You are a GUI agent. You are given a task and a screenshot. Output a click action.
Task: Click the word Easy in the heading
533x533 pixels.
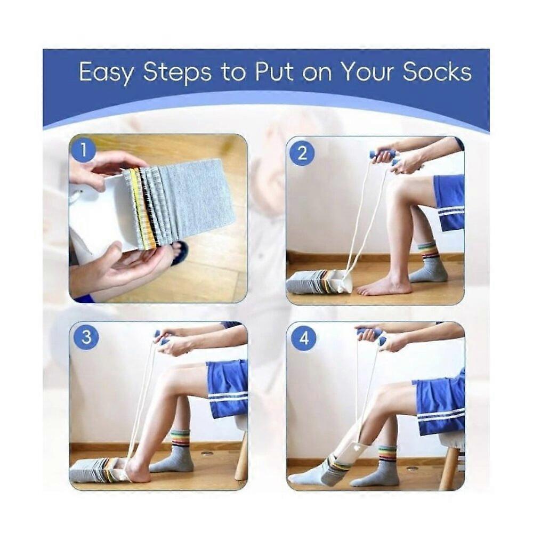point(106,73)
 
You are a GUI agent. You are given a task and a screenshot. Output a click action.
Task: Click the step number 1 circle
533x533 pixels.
point(83,150)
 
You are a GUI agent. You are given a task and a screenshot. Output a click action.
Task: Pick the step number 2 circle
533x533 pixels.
point(302,154)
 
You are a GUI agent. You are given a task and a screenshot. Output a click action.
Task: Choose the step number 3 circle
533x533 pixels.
point(86,337)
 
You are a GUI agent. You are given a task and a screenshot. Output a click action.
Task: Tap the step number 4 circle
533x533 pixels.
point(303,338)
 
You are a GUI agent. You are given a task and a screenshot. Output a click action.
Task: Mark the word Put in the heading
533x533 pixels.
point(274,72)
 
